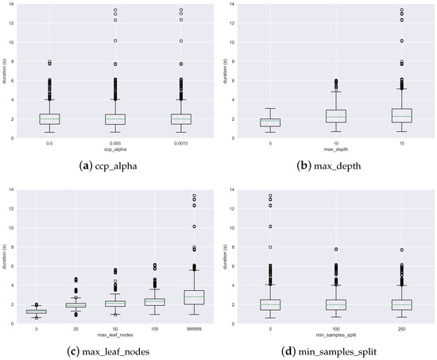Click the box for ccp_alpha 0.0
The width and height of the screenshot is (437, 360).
coord(49,119)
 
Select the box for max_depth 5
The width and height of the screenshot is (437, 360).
coord(269,122)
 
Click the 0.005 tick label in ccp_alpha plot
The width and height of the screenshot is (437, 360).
coord(115,143)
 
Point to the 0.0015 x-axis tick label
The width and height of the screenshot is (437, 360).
coord(181,143)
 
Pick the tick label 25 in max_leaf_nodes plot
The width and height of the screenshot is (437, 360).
coord(75,328)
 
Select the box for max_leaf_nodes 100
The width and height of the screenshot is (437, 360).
coord(154,302)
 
